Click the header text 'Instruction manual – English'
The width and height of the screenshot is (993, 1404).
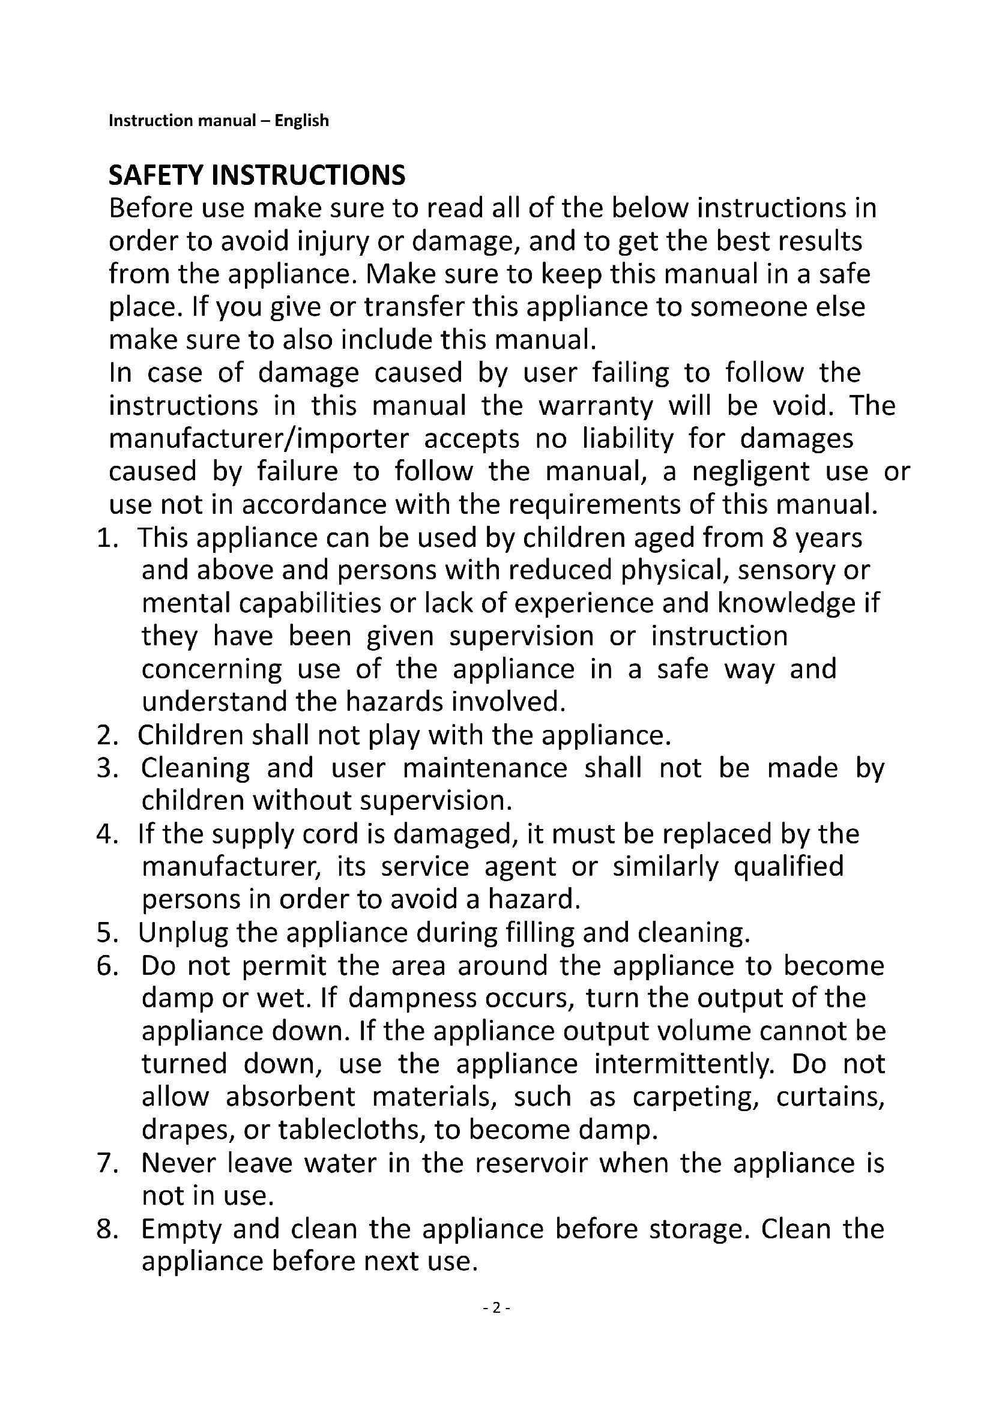pyautogui.click(x=219, y=121)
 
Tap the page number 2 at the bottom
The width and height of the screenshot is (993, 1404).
pyautogui.click(x=496, y=1308)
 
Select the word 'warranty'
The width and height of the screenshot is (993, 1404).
pyautogui.click(x=596, y=406)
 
